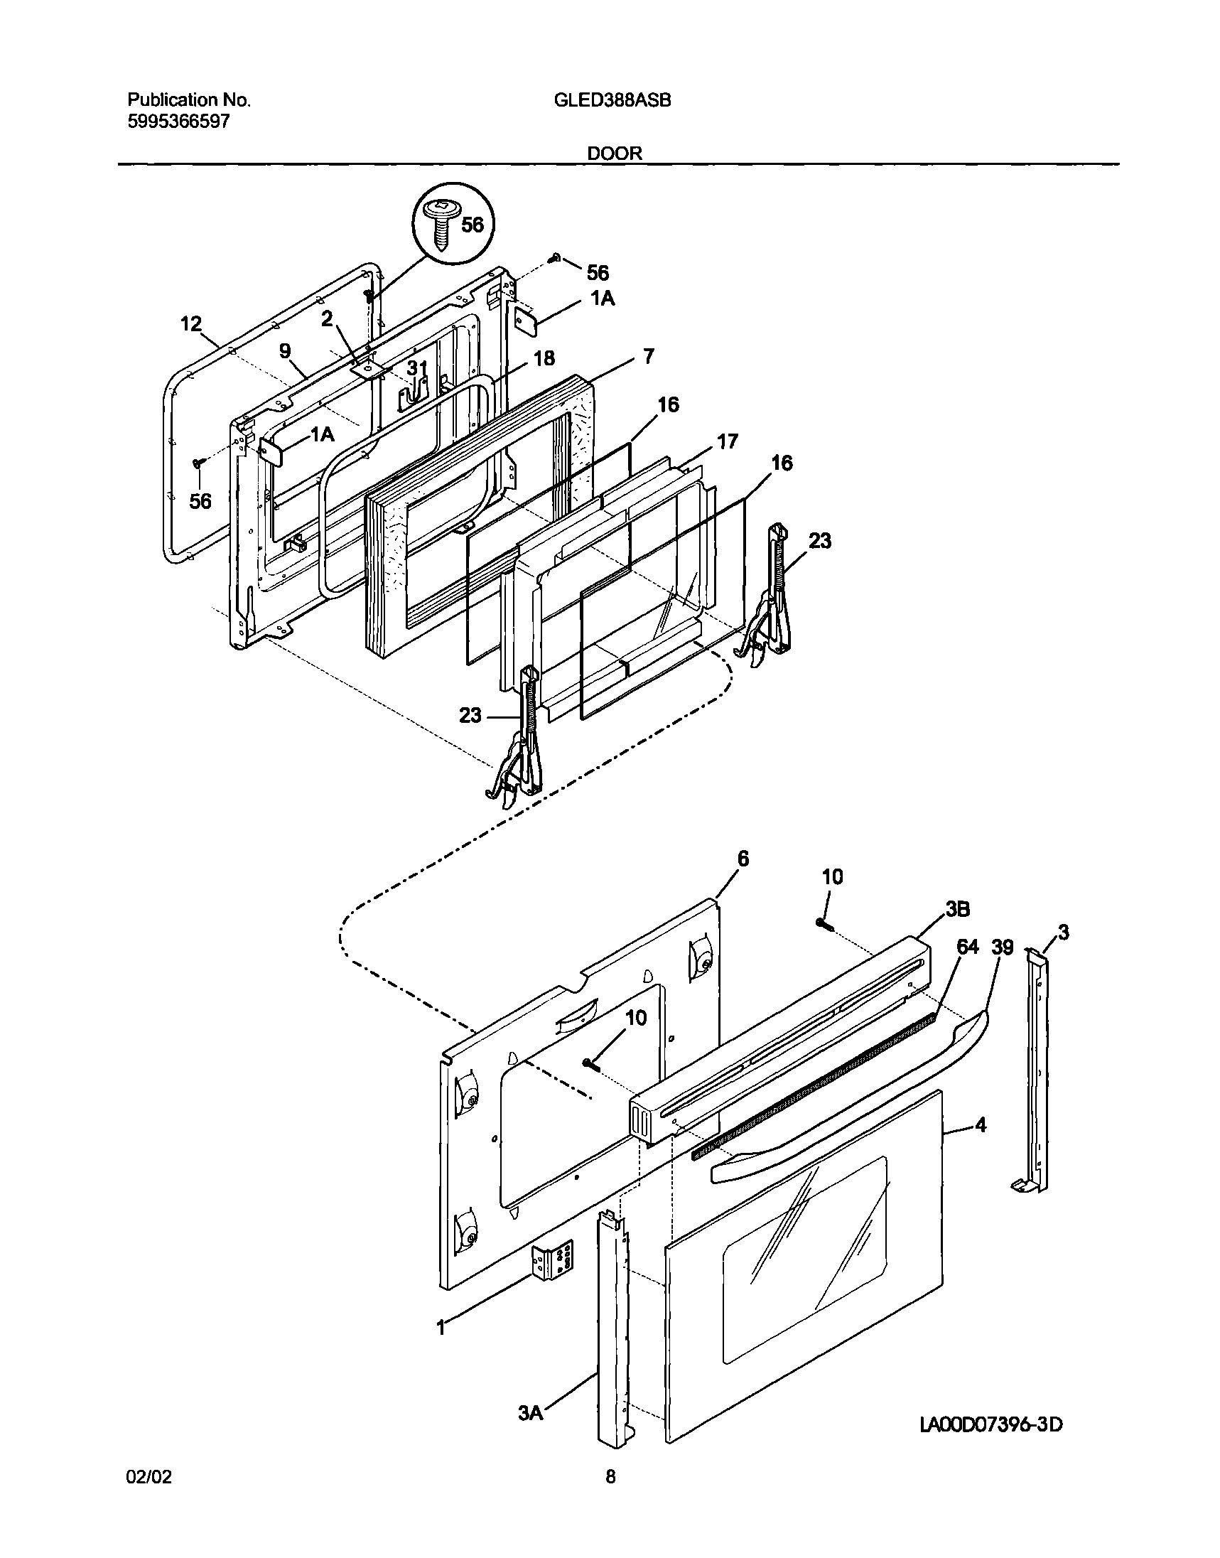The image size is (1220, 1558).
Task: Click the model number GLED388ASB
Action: [612, 101]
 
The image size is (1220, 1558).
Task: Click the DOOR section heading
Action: [615, 153]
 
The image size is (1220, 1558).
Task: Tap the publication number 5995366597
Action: [178, 122]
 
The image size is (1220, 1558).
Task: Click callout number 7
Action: [648, 356]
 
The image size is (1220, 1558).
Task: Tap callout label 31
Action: [416, 369]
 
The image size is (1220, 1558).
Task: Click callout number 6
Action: [743, 859]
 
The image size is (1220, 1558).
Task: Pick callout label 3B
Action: [957, 909]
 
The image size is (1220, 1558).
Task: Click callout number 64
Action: [967, 947]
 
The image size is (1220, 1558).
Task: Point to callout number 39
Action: [1003, 947]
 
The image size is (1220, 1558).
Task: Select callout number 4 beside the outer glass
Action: [981, 1126]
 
